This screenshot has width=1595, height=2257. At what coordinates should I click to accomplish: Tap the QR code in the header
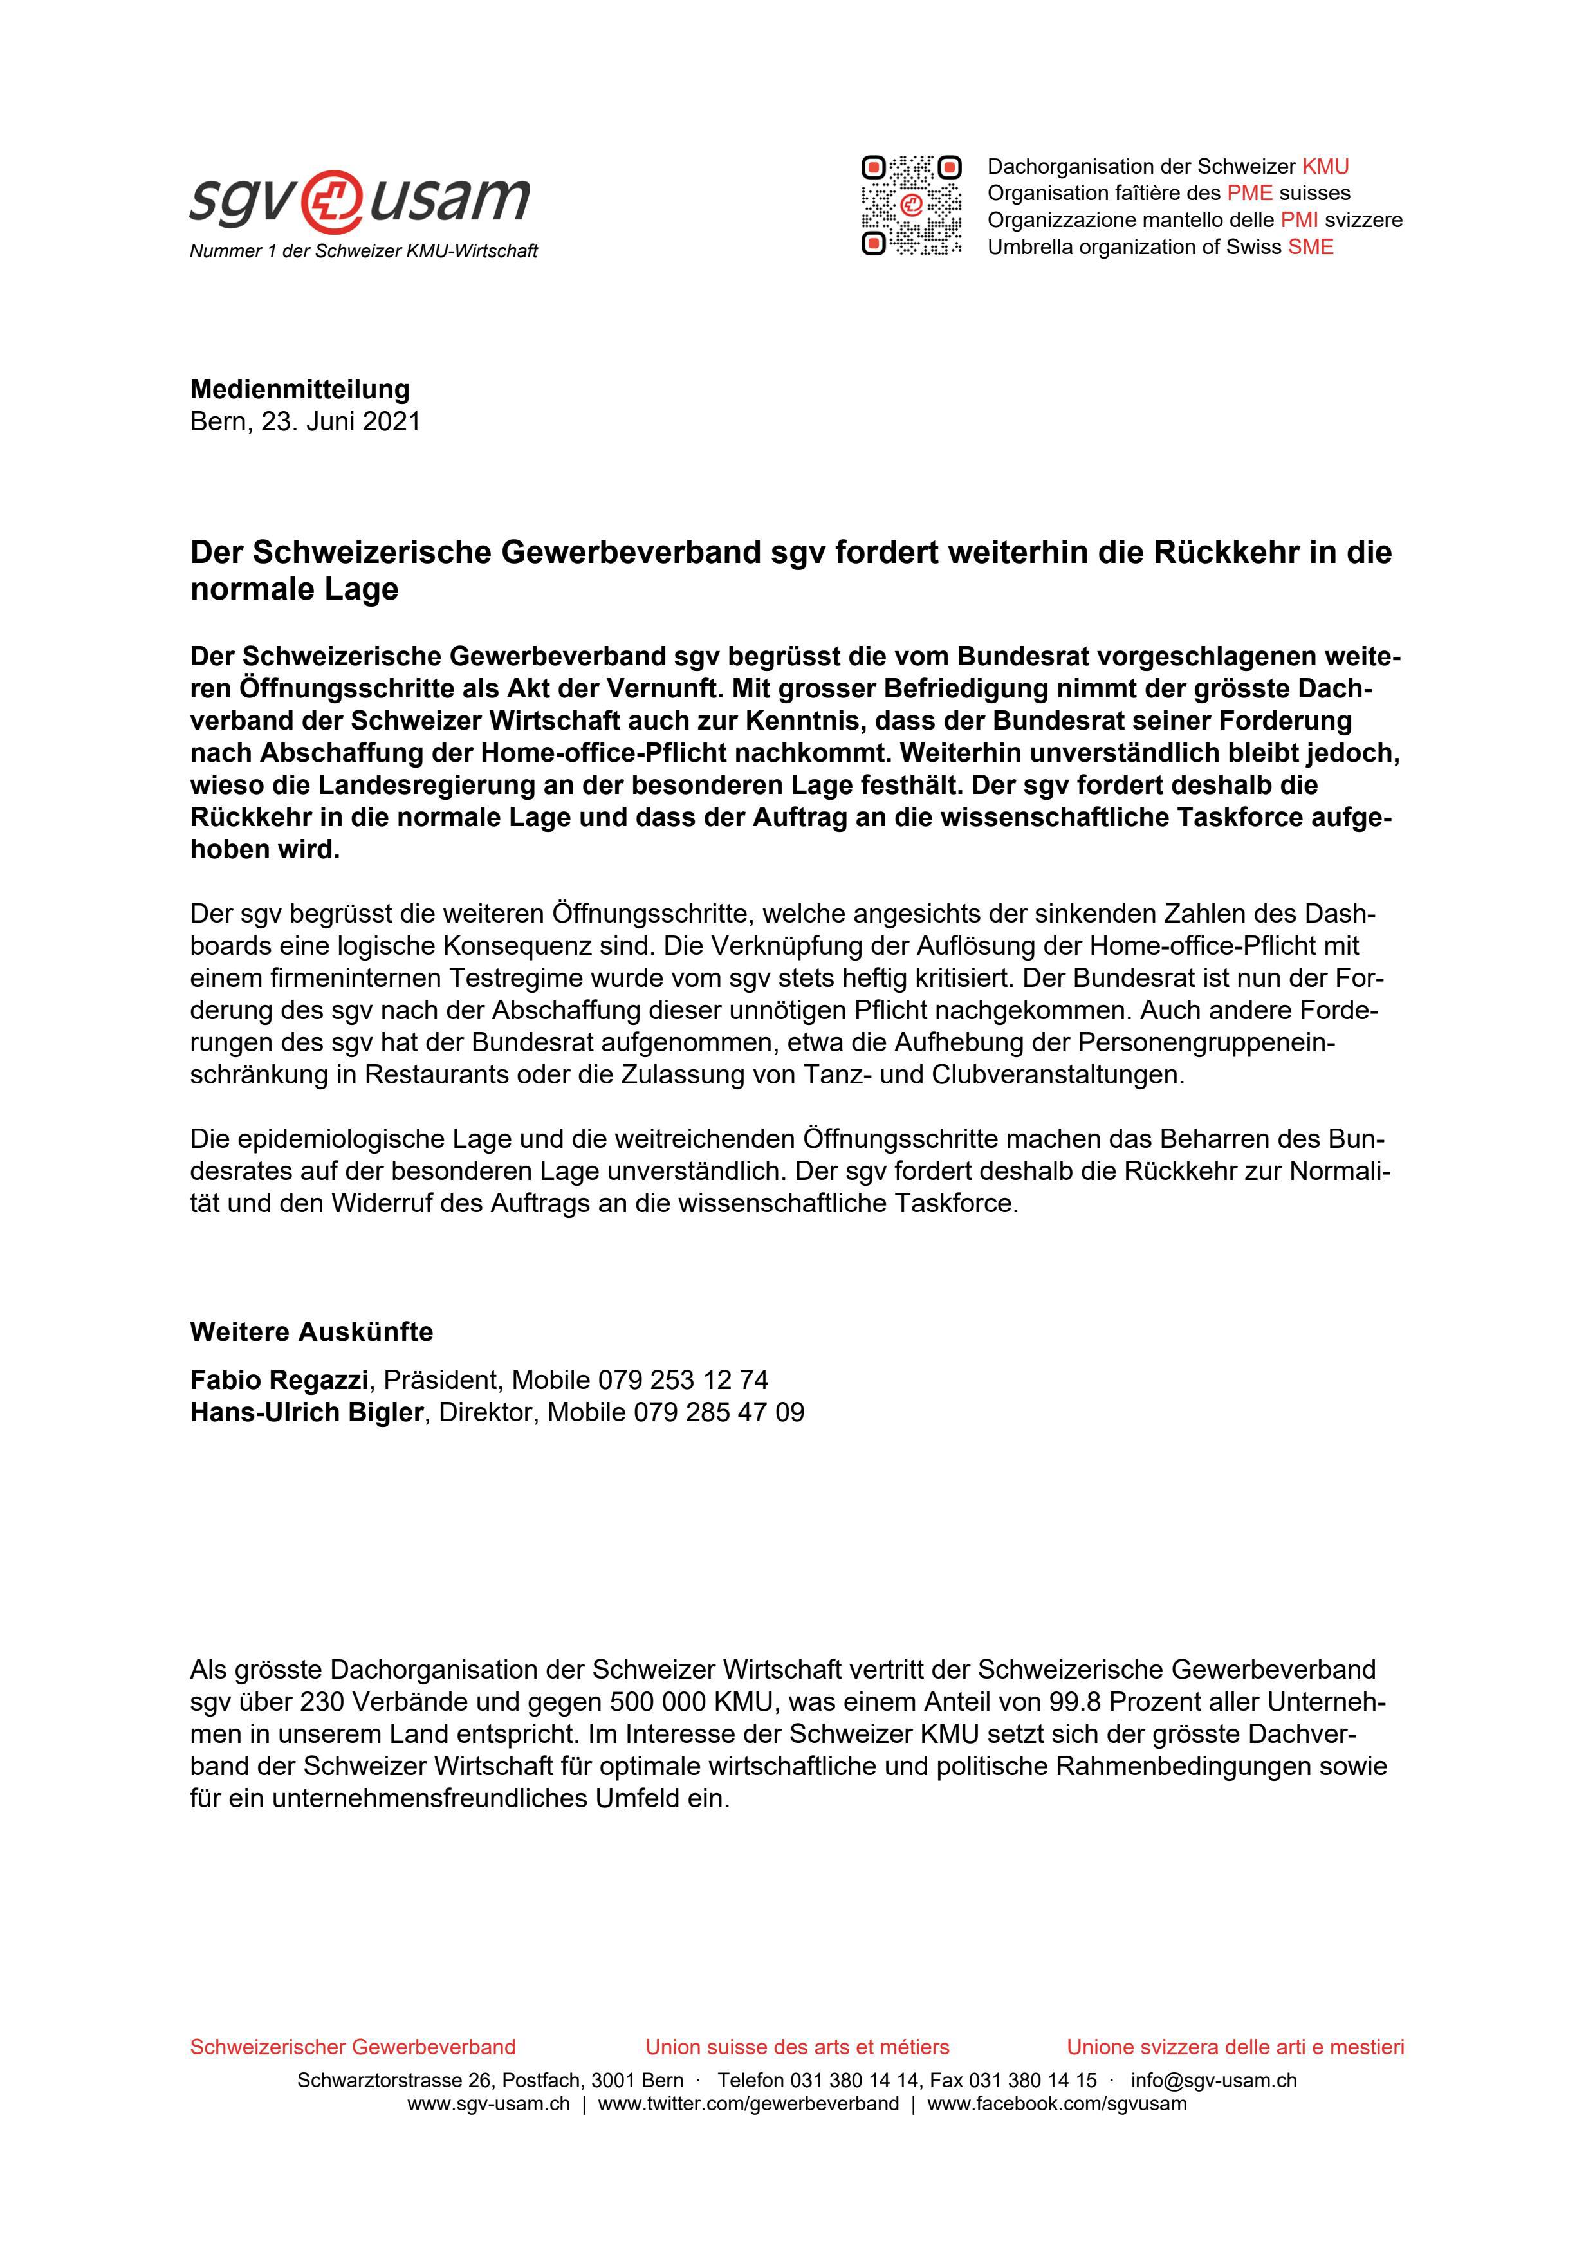tap(911, 205)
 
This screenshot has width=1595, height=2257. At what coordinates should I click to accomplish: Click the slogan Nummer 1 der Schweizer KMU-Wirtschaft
tap(364, 252)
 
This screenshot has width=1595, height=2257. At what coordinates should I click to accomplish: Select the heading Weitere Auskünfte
tap(311, 1332)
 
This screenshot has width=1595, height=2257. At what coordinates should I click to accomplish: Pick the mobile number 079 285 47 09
tap(719, 1413)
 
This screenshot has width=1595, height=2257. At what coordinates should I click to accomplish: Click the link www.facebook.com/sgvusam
tap(1056, 2104)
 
